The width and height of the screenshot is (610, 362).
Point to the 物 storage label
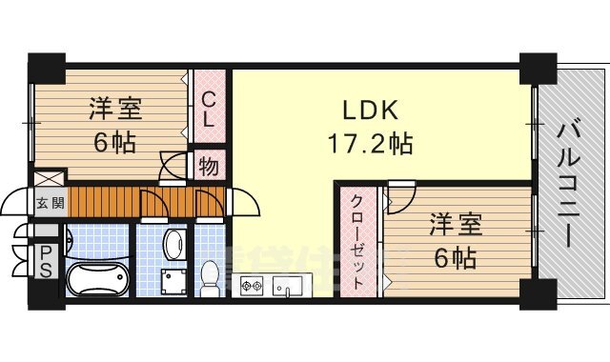coord(209,168)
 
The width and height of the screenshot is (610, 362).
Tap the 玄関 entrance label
coord(51,202)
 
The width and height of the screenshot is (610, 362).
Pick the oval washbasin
coord(174,244)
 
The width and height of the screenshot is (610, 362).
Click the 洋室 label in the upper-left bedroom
coord(116,107)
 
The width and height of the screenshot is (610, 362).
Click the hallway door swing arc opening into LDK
coord(242,202)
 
